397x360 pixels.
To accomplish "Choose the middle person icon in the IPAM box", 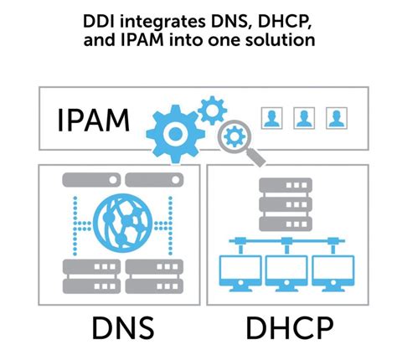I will click(304, 118).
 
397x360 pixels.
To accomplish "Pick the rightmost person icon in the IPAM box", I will click(335, 118).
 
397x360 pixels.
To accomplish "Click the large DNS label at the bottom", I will click(119, 326).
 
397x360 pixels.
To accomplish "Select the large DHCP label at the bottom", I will click(287, 326).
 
